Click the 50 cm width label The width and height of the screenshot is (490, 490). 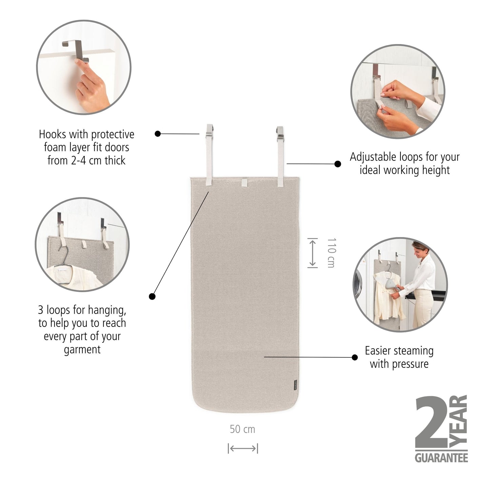[x=242, y=429]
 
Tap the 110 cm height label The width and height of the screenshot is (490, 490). [x=331, y=253]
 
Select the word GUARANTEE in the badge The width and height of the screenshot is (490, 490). [x=441, y=458]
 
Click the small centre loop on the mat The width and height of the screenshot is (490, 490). [x=245, y=183]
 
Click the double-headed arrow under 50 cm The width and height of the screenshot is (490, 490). [x=243, y=448]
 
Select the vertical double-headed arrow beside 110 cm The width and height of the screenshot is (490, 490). [x=312, y=253]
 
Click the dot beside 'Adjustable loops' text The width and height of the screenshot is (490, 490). [x=338, y=164]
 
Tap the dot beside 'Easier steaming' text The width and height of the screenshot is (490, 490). [x=355, y=357]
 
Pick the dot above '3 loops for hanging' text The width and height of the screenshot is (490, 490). [x=152, y=296]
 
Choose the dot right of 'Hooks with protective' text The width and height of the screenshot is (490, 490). [x=158, y=134]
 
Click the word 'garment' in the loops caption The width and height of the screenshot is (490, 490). [x=82, y=350]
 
